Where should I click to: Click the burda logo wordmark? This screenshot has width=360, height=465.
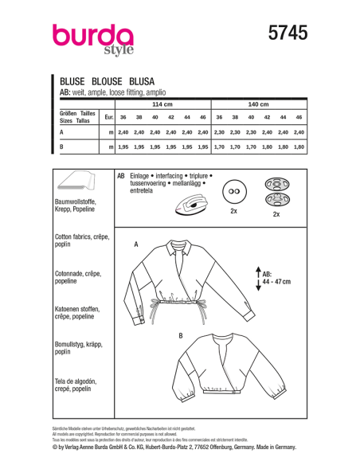click(x=93, y=38)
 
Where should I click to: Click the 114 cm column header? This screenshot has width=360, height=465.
click(x=162, y=104)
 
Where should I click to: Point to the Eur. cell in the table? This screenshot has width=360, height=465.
click(x=108, y=117)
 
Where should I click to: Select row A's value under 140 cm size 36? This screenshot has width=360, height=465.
click(x=218, y=131)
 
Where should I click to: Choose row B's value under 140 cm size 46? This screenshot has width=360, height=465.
click(x=299, y=147)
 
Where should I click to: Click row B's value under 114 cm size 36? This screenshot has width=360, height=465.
click(x=123, y=147)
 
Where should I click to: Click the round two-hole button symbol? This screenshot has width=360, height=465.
click(x=233, y=195)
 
